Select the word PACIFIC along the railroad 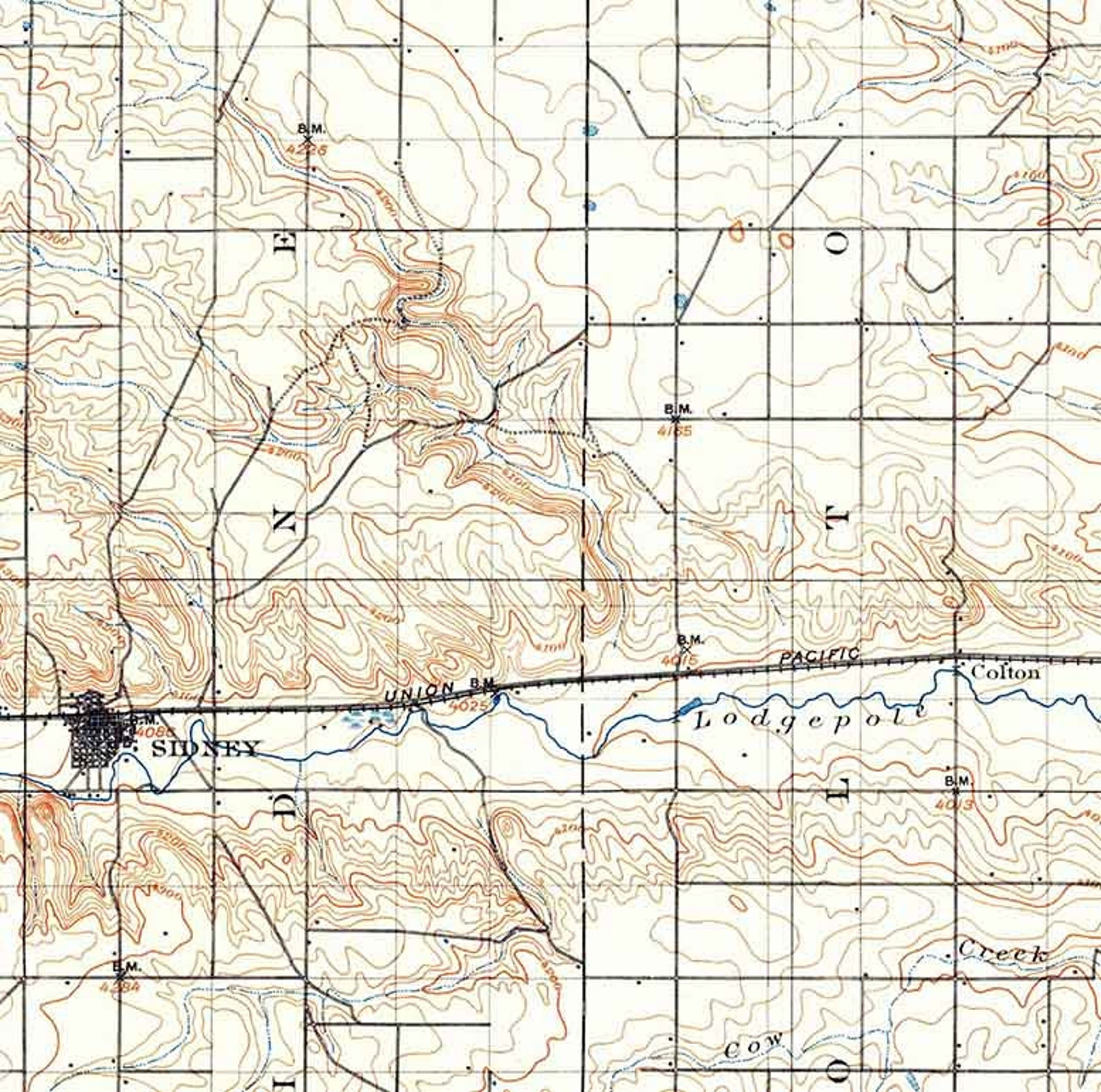pyautogui.click(x=819, y=656)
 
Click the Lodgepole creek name pyautogui.click(x=811, y=719)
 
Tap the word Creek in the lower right pyautogui.click(x=1003, y=953)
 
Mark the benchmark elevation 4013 pyautogui.click(x=955, y=805)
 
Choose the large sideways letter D pyautogui.click(x=285, y=804)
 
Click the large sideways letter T pyautogui.click(x=838, y=519)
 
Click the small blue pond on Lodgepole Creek pyautogui.click(x=684, y=708)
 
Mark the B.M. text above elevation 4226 pyautogui.click(x=311, y=128)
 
